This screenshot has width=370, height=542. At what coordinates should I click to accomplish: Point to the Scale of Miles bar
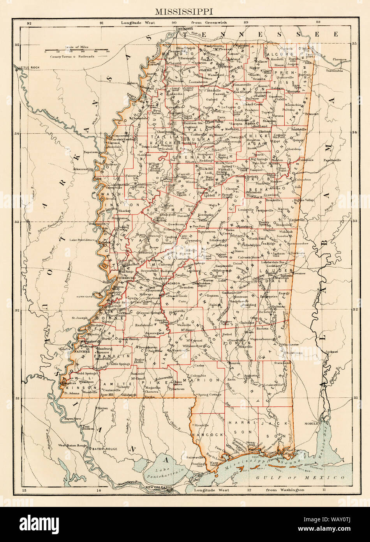click(x=76, y=51)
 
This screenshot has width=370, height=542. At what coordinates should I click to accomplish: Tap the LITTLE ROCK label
click(x=26, y=68)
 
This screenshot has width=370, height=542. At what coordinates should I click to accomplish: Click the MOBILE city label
click(x=313, y=422)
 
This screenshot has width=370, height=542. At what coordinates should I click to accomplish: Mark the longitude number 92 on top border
click(x=29, y=23)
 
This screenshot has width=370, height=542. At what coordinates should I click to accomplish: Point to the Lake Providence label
click(x=82, y=240)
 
